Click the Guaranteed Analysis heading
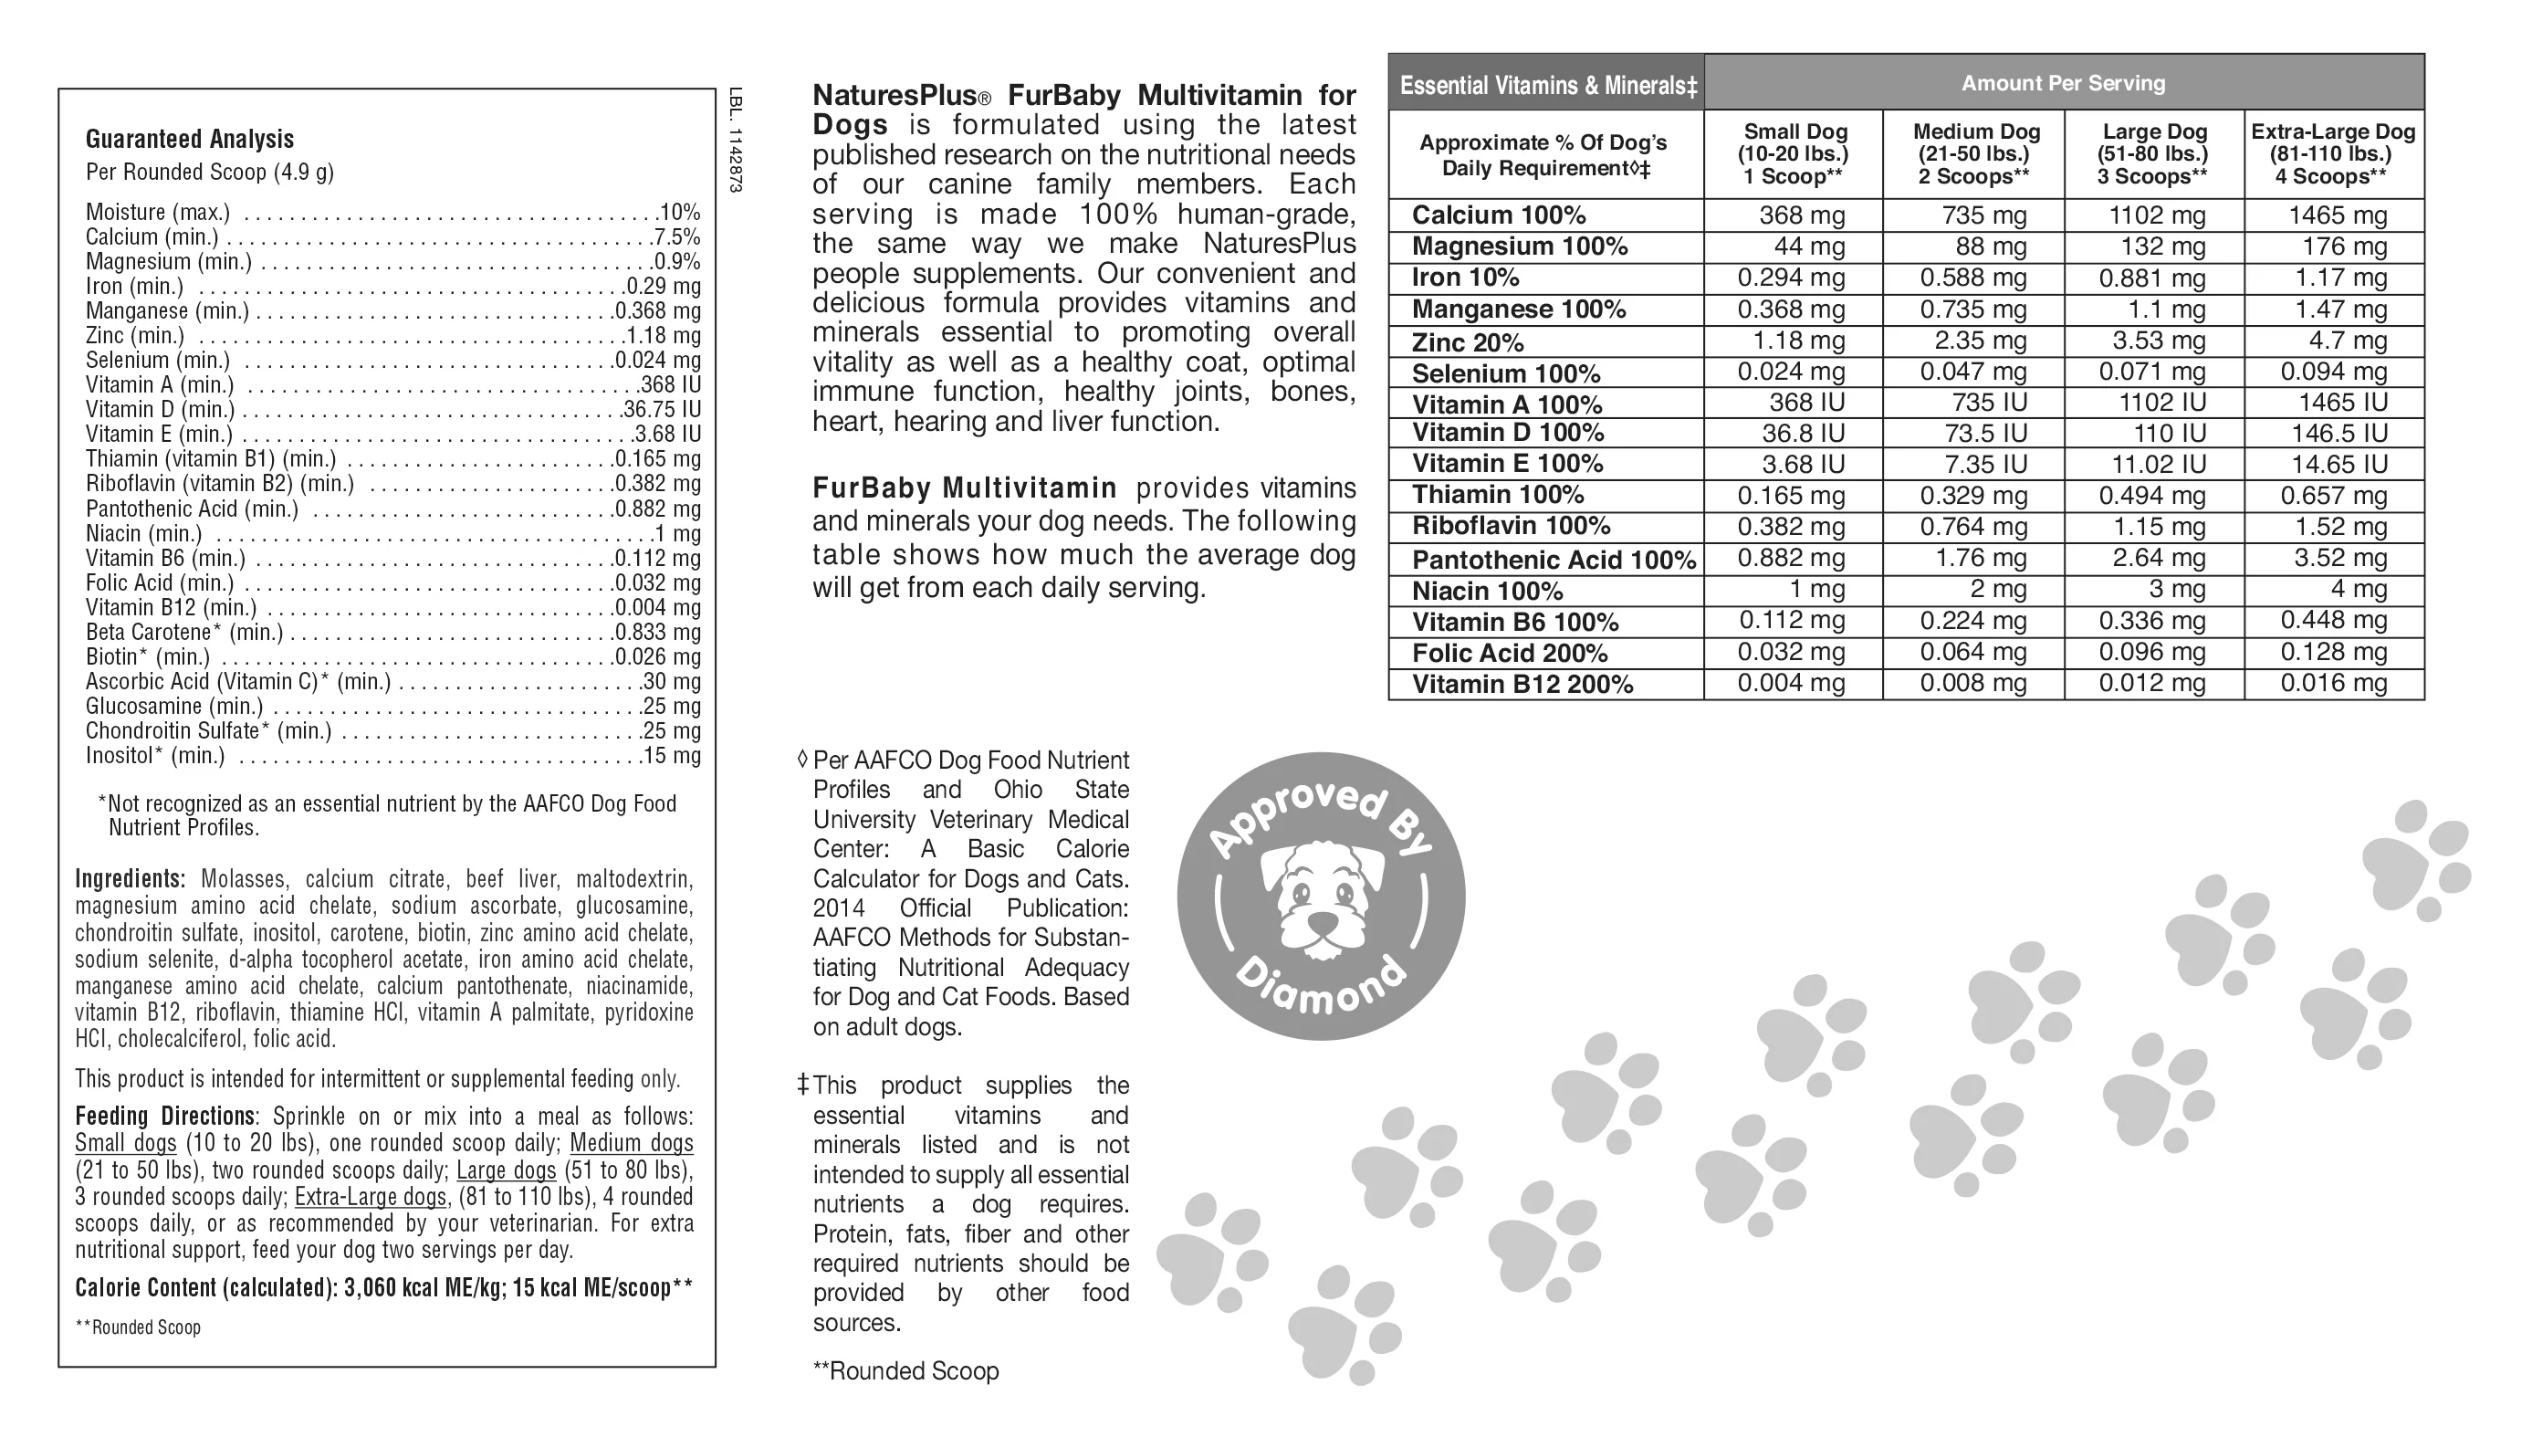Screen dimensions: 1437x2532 [190, 139]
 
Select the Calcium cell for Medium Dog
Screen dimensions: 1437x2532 [1983, 215]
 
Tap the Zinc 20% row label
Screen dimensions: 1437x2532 [1468, 342]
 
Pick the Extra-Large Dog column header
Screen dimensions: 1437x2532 [2333, 154]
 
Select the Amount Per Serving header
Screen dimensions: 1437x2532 [2062, 83]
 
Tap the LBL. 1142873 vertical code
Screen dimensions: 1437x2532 [734, 141]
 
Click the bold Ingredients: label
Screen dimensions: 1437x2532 [130, 878]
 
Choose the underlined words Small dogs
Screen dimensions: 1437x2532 [125, 1143]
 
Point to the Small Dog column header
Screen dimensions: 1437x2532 [1794, 154]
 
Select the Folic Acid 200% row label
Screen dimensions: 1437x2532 [1509, 654]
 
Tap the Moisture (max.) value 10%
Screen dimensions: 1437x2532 [679, 212]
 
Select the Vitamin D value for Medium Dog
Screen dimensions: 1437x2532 [1988, 434]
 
